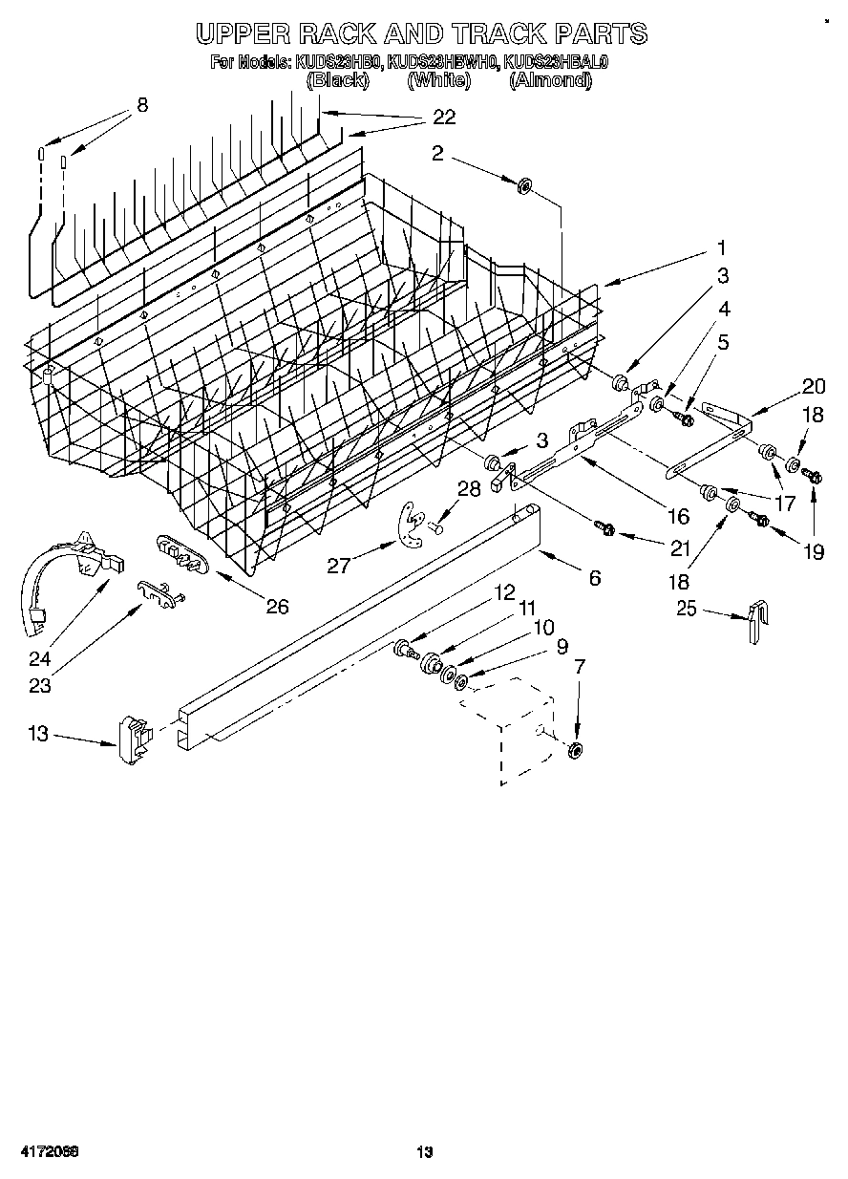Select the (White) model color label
[x=439, y=80]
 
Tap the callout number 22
[x=443, y=118]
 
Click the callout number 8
[x=142, y=106]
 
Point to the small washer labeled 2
[x=524, y=185]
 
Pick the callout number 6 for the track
[x=595, y=577]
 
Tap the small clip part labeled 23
[x=159, y=592]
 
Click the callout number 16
[x=677, y=516]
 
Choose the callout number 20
[x=813, y=386]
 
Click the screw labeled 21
[x=604, y=525]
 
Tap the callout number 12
[x=503, y=592]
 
